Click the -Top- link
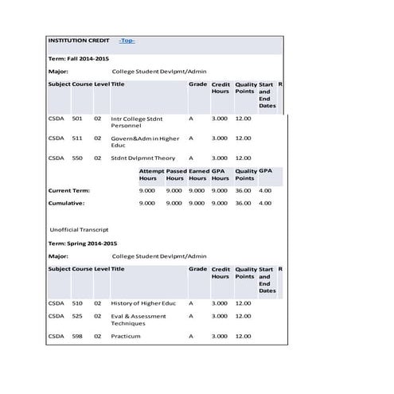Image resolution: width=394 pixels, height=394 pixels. click(x=127, y=41)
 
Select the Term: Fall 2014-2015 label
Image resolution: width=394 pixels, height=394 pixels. click(x=79, y=59)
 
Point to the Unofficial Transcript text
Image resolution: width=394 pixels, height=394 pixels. click(x=79, y=229)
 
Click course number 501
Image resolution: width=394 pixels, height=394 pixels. click(x=77, y=119)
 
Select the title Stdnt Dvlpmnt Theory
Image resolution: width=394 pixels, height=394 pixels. click(x=143, y=158)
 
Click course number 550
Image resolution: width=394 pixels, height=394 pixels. click(x=77, y=158)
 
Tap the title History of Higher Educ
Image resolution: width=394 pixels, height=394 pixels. click(x=143, y=303)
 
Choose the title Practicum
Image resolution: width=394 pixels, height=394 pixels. click(x=126, y=336)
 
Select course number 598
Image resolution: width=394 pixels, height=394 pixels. click(x=77, y=336)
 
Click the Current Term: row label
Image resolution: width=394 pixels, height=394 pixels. click(x=69, y=190)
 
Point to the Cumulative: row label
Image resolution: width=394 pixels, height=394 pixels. click(x=68, y=203)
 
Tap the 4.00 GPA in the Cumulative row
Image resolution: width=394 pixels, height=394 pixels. click(x=265, y=203)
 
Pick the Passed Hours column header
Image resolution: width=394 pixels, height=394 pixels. click(x=175, y=174)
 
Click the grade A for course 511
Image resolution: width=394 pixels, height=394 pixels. click(x=191, y=138)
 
